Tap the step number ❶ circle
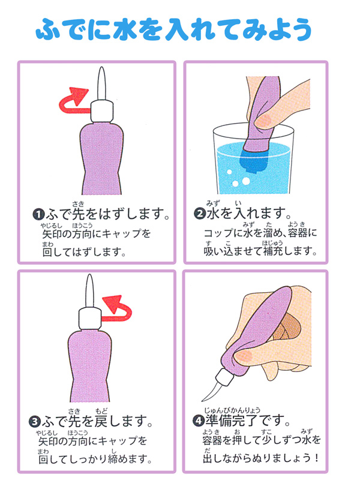38,214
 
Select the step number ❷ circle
200,214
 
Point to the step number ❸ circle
35,422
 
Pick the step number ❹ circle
199,421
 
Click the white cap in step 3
90,319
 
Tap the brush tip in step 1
101,83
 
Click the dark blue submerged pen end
253,160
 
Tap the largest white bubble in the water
246,181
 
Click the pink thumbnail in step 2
264,122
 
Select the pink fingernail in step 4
244,356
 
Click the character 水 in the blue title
125,29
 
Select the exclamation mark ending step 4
316,458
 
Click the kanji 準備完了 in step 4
232,421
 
